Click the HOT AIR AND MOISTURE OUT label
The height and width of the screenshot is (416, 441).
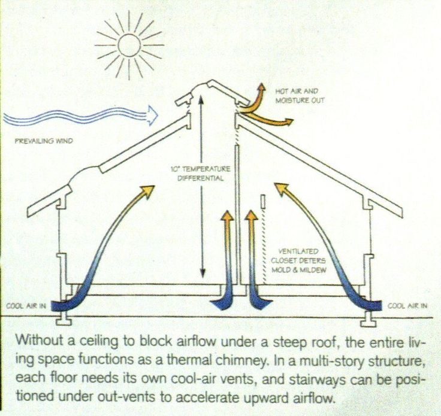300,96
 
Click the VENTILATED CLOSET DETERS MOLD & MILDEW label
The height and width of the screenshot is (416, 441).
303,261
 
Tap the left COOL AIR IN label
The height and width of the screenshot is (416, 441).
26,306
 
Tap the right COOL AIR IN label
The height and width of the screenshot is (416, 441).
408,305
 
